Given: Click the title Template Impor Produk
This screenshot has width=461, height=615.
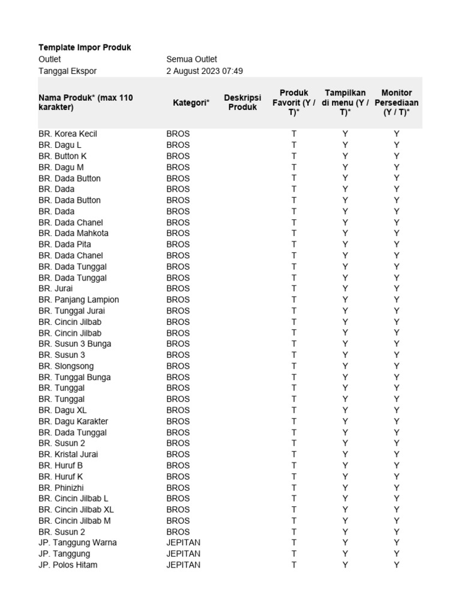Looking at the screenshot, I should click(x=85, y=47).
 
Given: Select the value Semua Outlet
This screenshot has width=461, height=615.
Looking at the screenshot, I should click(x=191, y=59).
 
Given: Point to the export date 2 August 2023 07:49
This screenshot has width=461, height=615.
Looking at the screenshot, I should click(x=204, y=71).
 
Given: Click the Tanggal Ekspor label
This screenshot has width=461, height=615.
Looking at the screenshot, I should click(x=67, y=71).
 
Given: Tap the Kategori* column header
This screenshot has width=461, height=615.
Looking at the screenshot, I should click(x=191, y=103).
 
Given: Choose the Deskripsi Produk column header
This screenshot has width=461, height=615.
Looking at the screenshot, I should click(x=243, y=102).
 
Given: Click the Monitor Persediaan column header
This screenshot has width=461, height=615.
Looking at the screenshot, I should click(x=396, y=102).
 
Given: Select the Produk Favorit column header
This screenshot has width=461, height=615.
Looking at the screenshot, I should click(x=294, y=102).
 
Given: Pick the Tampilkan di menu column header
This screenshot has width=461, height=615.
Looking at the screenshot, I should click(x=345, y=102).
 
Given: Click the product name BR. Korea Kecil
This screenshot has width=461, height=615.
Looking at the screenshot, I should click(x=67, y=134).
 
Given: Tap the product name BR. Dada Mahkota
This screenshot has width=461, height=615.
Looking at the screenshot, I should click(x=73, y=233).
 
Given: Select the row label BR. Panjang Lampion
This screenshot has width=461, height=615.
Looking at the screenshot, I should click(x=79, y=300).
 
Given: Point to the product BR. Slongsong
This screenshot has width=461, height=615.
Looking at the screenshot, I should click(x=66, y=366).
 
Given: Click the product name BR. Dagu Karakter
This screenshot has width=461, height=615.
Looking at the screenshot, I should click(x=73, y=421).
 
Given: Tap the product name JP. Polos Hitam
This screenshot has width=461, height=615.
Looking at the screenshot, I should click(x=68, y=565).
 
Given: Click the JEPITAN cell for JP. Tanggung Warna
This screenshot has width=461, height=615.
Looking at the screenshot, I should click(x=183, y=542).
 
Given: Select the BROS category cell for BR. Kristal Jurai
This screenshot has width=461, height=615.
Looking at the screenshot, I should click(x=178, y=454).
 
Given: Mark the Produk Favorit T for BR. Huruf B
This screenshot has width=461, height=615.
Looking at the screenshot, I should click(x=294, y=465).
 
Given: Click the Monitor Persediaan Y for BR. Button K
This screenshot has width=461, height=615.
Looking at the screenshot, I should click(x=396, y=156).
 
